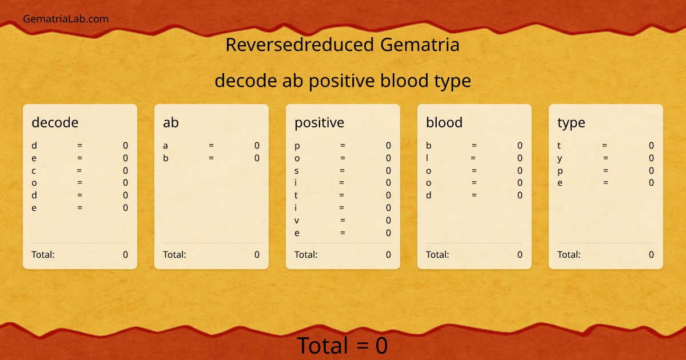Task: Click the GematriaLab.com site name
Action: coord(66,19)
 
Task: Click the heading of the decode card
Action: coord(55,122)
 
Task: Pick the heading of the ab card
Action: coord(171,122)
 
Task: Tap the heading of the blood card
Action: coord(444,122)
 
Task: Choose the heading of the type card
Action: coord(571,122)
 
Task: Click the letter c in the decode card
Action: coord(34,170)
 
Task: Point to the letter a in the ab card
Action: coord(166,146)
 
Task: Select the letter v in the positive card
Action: coord(297,221)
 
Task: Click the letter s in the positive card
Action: coord(297,170)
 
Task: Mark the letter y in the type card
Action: coord(560,158)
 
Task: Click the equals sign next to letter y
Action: coord(605,158)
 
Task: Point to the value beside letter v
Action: coord(388,221)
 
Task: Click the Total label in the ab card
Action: coord(174,254)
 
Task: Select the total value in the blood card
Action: coord(520,254)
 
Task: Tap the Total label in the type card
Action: coord(569,254)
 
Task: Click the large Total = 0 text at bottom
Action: coord(342,346)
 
